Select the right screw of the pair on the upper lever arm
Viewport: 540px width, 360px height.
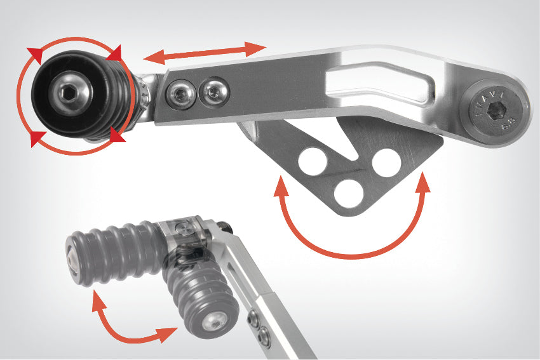(x=212, y=93)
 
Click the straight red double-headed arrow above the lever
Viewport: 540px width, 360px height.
(x=205, y=53)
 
